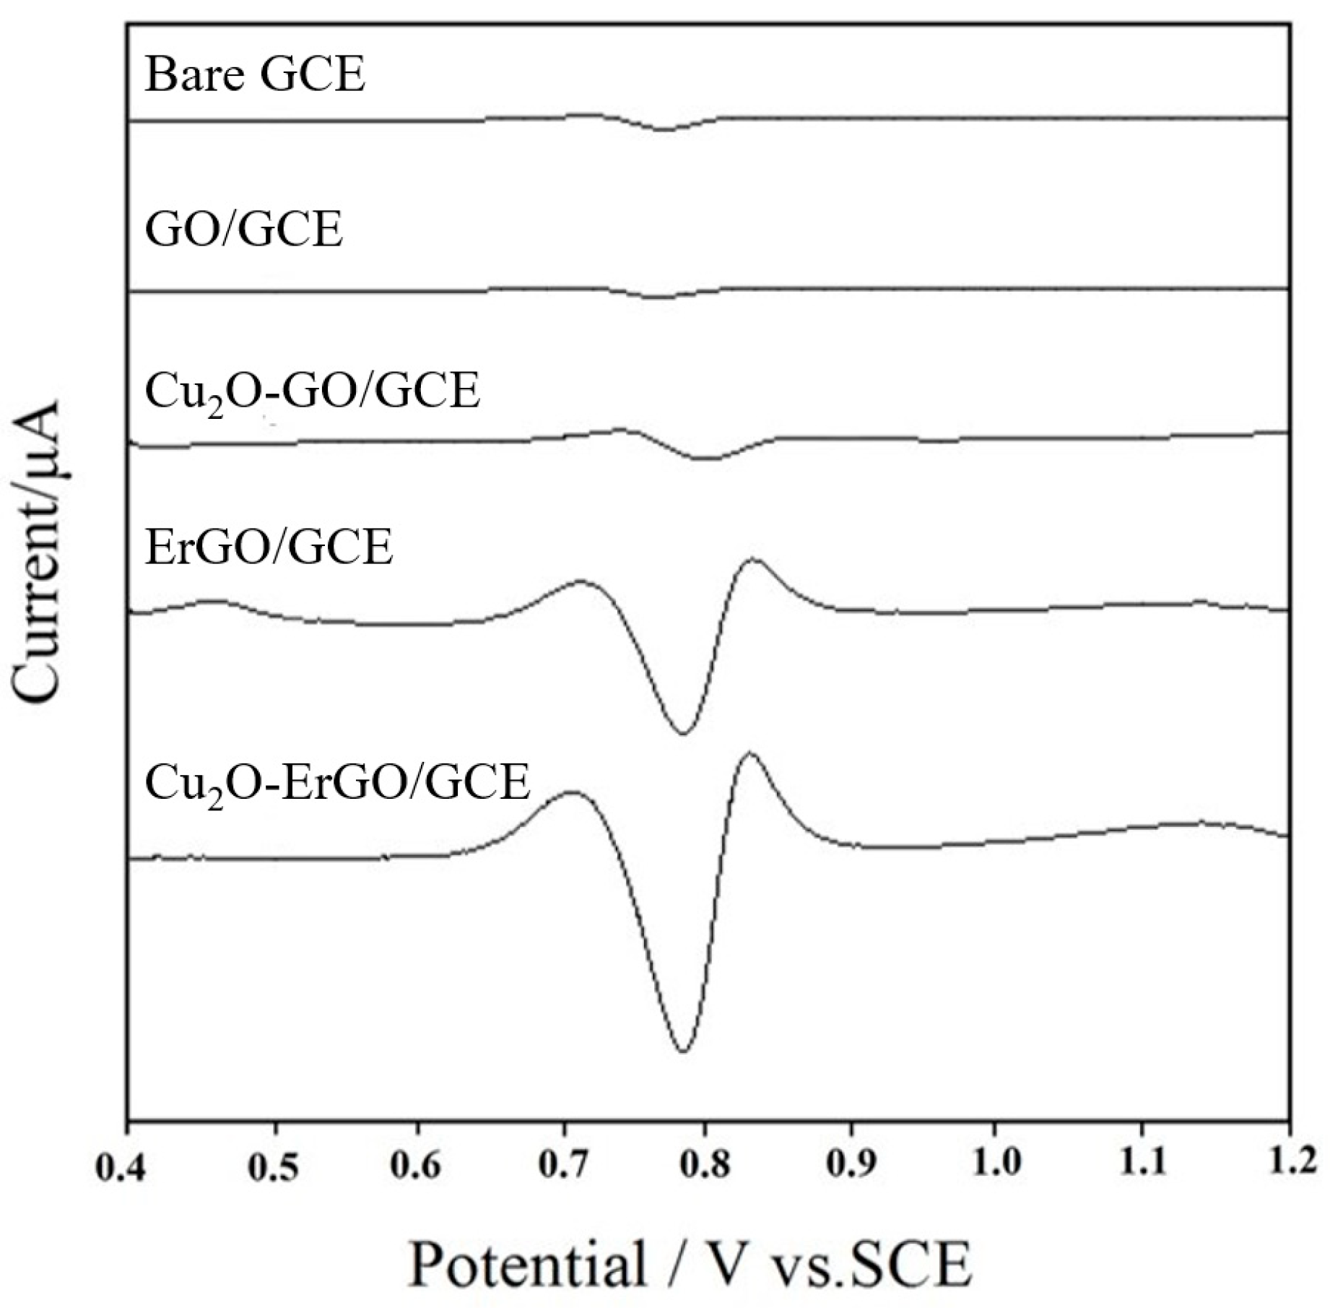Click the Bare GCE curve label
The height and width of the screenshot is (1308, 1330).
tap(255, 74)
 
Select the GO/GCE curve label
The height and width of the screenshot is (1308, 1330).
tap(244, 230)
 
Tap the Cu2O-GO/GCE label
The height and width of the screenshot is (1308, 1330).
tap(312, 392)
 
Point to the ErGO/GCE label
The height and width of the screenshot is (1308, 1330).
tap(269, 547)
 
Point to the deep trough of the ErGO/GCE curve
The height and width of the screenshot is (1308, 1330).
tap(682, 733)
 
